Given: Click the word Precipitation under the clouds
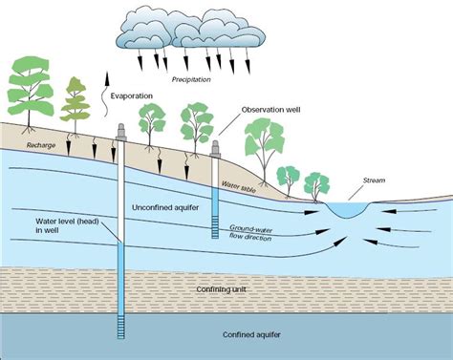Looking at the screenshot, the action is (x=191, y=79).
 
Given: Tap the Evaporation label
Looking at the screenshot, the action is (x=132, y=95).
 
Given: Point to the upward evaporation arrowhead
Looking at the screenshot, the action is (x=107, y=78).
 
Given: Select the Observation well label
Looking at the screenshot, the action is (x=270, y=110).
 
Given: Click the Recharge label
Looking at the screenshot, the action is (x=41, y=145).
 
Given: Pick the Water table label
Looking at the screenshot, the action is (x=239, y=187).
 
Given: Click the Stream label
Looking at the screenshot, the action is (x=375, y=180).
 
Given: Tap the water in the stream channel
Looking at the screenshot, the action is (x=348, y=209).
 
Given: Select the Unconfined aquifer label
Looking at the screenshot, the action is (x=165, y=208).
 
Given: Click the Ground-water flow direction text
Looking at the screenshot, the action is (x=251, y=233).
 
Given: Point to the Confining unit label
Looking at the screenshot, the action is (x=221, y=289).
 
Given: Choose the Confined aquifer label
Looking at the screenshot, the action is (x=251, y=335).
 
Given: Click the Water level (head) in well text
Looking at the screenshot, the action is (x=67, y=225).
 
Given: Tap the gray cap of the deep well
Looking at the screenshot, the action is (x=121, y=132).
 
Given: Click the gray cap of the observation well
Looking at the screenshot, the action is (x=215, y=149).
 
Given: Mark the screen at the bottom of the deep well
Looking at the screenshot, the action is (x=121, y=327).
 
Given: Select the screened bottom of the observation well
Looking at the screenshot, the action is (x=215, y=226).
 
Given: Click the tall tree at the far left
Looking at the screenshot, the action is (x=30, y=94).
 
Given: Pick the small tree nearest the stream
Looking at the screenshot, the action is (x=316, y=187).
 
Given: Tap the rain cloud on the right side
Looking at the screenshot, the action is (x=220, y=31).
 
